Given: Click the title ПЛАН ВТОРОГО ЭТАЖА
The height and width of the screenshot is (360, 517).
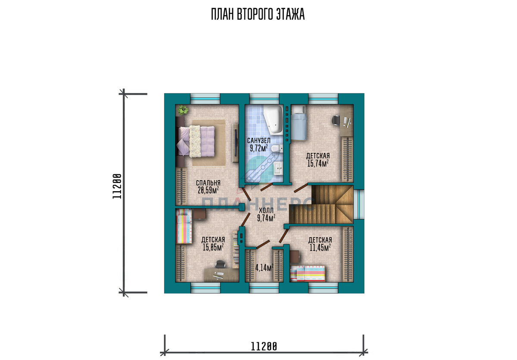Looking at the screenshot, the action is pos(258,15).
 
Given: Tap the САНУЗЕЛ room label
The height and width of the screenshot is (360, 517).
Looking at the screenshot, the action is pos(259,140).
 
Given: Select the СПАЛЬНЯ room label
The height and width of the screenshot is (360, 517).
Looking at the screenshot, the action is pos(208,183).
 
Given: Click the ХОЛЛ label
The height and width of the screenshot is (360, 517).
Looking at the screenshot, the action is pos(266,210).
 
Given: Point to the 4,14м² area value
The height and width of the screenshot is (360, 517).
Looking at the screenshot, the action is pos(264,268).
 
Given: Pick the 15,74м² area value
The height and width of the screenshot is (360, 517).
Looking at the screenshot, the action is pos(318,163).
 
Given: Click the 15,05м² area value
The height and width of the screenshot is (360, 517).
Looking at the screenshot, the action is pos(213,247).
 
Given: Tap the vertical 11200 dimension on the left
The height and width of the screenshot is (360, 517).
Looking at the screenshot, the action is pos(117,186).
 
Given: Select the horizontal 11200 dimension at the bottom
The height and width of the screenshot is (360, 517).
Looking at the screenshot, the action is pos(264,347).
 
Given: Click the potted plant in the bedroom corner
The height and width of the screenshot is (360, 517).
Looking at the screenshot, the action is pos(183,110).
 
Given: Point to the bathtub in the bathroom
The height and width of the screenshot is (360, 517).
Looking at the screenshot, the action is pos(273,120).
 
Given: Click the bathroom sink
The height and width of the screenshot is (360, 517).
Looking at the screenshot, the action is pos(278,168).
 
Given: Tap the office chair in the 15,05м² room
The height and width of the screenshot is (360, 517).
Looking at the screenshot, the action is pos(220,264).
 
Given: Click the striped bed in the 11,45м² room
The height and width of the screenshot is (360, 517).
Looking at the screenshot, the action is pos(308,273).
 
